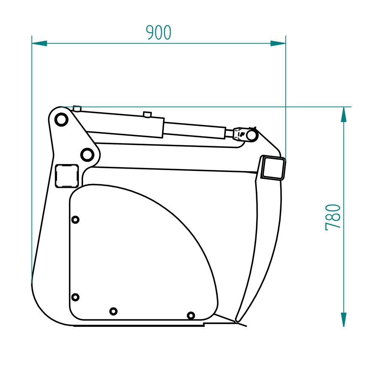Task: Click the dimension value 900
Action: pos(159,33)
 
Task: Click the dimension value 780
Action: pos(333,217)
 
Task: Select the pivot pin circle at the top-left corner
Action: pos(61,120)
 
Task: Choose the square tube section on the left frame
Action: pos(67,175)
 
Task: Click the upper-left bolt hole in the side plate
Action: pos(75,220)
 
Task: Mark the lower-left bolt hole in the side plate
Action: pos(75,297)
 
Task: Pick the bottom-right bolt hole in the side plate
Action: pos(191,315)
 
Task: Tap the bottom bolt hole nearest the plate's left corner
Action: pos(113,311)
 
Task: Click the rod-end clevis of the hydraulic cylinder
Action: pos(242,134)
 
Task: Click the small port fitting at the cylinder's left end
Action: pos(77,108)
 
